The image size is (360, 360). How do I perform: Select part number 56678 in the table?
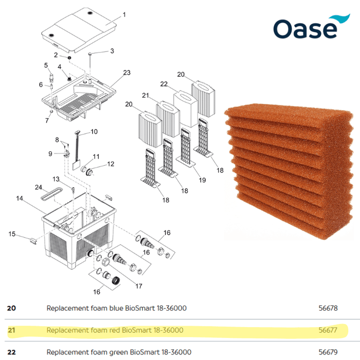(328, 309)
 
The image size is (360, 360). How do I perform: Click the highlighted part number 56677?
(328, 330)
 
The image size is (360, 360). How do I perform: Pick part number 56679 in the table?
(328, 352)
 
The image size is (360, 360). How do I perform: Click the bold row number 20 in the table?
(11, 309)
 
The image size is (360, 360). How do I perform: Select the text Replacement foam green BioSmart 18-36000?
(119, 352)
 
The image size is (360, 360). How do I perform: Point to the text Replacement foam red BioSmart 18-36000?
(115, 330)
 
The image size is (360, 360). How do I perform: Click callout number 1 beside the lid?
(124, 15)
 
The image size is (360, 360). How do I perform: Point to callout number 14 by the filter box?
(20, 198)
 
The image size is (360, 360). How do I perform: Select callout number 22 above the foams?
(165, 84)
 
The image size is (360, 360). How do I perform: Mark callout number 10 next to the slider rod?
(94, 132)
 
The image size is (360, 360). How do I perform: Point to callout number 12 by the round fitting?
(111, 165)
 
